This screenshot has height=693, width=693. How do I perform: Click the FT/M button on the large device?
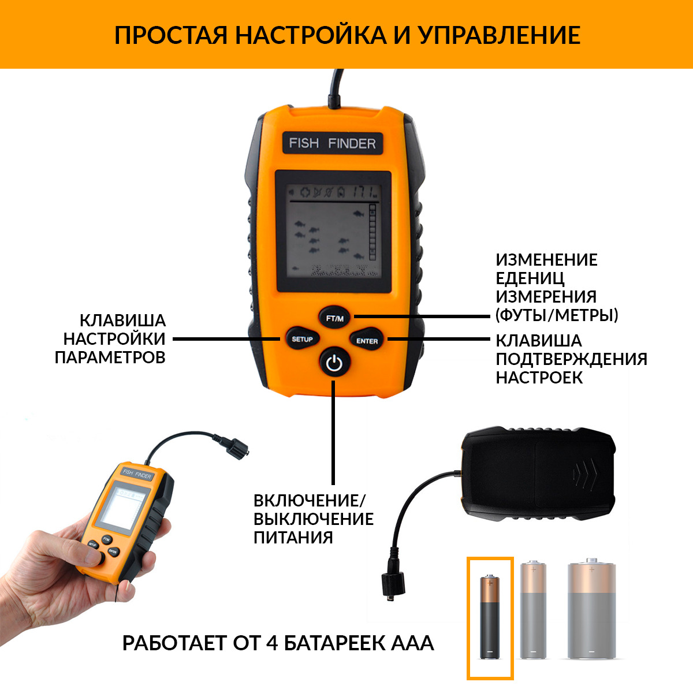[334, 318]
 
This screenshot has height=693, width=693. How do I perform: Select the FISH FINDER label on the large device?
[333, 143]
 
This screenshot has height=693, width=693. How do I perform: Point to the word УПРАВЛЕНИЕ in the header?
[500, 35]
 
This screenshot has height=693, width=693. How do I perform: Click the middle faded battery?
[534, 609]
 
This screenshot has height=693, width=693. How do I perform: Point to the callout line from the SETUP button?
[226, 339]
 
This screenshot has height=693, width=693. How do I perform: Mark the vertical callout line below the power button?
[333, 433]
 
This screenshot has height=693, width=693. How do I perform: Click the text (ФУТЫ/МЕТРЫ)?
[557, 315]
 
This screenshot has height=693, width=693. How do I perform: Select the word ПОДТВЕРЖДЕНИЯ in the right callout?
[572, 359]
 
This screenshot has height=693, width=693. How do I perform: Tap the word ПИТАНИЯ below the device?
[293, 538]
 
